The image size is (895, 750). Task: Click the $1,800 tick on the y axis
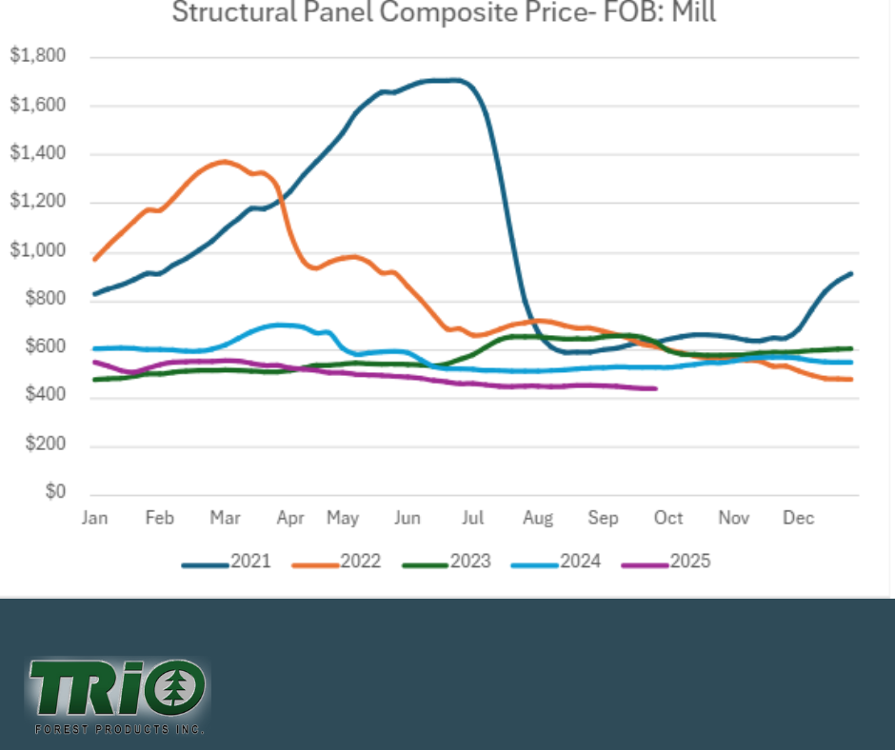click(38, 56)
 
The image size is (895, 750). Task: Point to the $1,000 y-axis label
click(38, 251)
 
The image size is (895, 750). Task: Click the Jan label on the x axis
click(94, 518)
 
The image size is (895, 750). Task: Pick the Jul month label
click(473, 518)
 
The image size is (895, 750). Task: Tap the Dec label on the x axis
click(798, 518)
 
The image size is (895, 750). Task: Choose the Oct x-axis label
click(668, 518)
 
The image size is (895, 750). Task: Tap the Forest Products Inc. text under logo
click(119, 730)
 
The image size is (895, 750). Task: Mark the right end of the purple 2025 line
click(656, 388)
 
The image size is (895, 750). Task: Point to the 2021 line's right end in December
click(850, 274)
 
